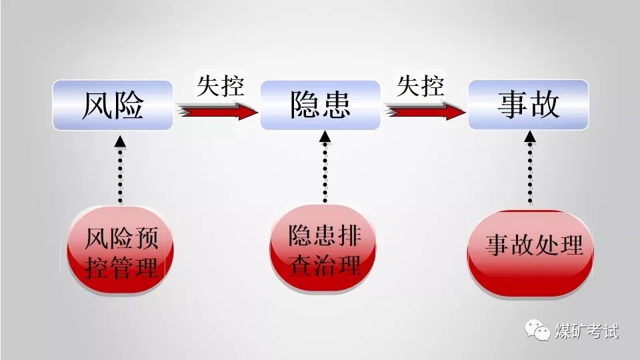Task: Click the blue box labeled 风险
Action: [x=113, y=105]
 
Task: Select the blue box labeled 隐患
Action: [x=320, y=105]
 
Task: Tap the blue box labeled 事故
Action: [x=528, y=105]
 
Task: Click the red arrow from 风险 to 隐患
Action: [x=217, y=111]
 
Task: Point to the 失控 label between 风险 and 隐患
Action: [x=220, y=86]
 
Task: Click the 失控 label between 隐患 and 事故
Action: [x=421, y=86]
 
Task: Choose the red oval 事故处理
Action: [x=531, y=251]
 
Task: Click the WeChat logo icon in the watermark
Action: [x=536, y=329]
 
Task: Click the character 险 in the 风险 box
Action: [x=129, y=105]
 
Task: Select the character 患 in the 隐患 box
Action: [x=336, y=105]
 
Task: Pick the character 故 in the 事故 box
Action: [x=544, y=105]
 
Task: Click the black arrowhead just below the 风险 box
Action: [x=119, y=141]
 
